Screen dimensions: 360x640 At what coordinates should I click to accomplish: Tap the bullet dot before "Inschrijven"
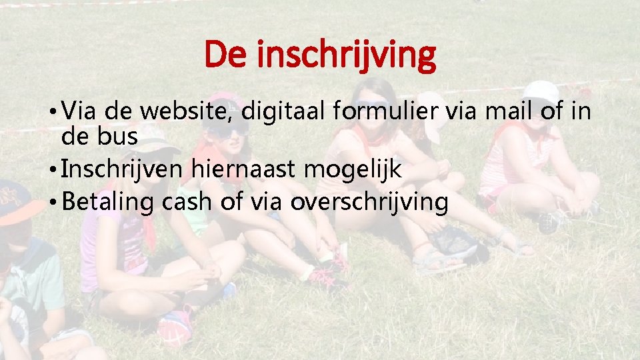tap(53, 171)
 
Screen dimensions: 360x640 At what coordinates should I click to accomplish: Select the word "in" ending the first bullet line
tap(581, 111)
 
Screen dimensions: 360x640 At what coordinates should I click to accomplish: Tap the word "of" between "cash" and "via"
tap(231, 202)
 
